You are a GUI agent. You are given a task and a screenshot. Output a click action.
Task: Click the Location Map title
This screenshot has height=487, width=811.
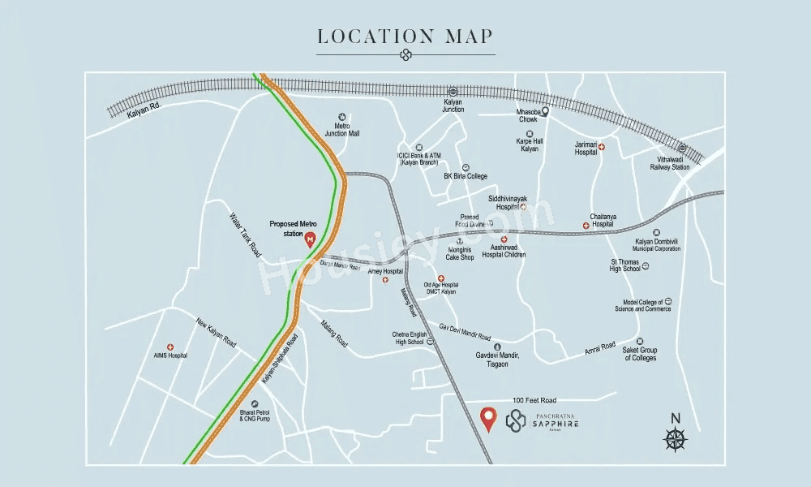pos(405,37)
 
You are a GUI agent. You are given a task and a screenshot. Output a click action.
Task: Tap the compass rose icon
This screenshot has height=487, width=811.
pos(676,439)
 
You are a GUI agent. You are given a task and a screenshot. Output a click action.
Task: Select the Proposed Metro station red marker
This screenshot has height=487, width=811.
pos(309,239)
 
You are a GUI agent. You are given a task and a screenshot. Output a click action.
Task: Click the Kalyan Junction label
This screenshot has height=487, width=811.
pos(453,106)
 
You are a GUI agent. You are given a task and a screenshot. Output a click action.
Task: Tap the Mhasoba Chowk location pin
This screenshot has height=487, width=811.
pos(545,113)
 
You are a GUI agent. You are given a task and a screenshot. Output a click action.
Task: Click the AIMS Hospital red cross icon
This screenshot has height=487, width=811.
pos(170,347)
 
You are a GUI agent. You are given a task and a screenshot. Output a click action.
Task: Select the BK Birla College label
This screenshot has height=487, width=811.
pos(465,176)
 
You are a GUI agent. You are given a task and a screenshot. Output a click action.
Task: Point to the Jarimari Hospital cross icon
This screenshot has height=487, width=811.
pos(601,147)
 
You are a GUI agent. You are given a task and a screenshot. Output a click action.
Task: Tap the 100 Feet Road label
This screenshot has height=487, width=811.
pos(534,401)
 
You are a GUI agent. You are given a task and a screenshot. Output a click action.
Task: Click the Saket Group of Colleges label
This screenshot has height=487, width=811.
pos(640,354)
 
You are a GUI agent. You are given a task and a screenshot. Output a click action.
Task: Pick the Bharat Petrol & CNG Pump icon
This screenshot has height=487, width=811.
pos(254,403)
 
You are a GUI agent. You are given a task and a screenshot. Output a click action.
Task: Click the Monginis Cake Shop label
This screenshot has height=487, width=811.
pos(460,253)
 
